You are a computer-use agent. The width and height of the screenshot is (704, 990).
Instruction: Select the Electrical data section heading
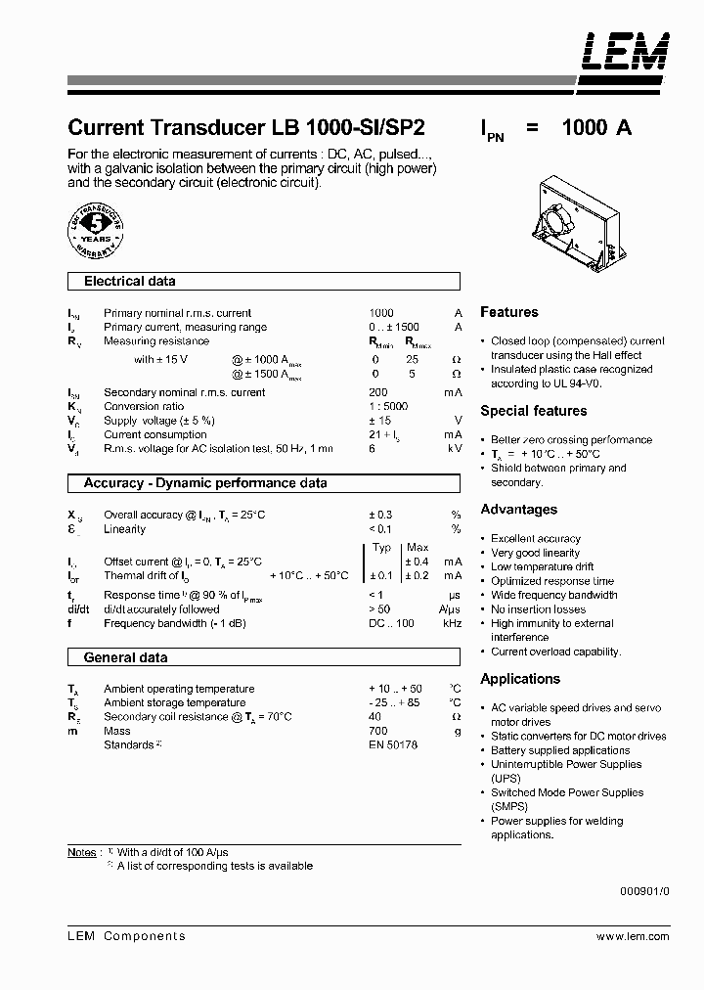point(130,282)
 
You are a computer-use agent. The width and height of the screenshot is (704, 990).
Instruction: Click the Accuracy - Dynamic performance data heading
point(205,483)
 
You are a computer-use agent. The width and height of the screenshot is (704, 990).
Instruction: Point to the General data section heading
point(125,658)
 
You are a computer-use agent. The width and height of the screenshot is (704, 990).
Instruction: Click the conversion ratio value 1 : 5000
point(388,406)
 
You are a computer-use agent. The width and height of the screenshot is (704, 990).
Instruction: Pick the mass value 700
point(378,731)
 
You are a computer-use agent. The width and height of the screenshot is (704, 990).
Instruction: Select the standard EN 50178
point(393,745)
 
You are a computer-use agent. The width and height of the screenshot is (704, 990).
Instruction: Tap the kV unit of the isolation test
point(455,448)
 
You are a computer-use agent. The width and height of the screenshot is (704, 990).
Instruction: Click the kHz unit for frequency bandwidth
point(452,623)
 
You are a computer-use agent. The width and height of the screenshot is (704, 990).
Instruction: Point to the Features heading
point(508,312)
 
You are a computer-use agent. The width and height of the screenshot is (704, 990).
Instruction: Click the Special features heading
point(533,411)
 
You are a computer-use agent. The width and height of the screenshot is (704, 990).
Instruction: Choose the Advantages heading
point(518,510)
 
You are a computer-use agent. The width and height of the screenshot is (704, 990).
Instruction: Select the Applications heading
point(520,679)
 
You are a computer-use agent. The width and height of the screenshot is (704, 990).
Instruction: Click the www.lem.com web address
point(633,936)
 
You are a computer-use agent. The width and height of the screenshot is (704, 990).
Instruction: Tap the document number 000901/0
point(645,891)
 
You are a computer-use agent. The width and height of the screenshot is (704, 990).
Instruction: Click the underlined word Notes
point(82,852)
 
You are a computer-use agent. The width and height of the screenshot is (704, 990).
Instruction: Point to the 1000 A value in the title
point(596,128)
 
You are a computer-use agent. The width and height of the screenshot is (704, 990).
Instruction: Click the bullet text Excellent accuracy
point(535,538)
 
